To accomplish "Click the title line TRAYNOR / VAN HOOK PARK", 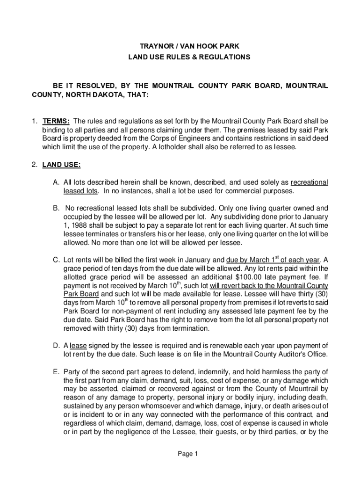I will tap(189, 46).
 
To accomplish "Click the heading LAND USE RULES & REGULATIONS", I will tap(189, 57).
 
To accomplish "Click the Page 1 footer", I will tap(189, 454).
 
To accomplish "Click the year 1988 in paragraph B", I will tap(78, 225).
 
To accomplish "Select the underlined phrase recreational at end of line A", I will tap(309, 182).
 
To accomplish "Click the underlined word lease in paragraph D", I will tap(78, 346).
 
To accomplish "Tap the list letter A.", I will tap(55, 182).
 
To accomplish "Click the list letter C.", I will tap(55, 260).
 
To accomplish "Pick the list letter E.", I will tap(55, 371).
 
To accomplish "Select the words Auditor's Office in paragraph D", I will tap(301, 354).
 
